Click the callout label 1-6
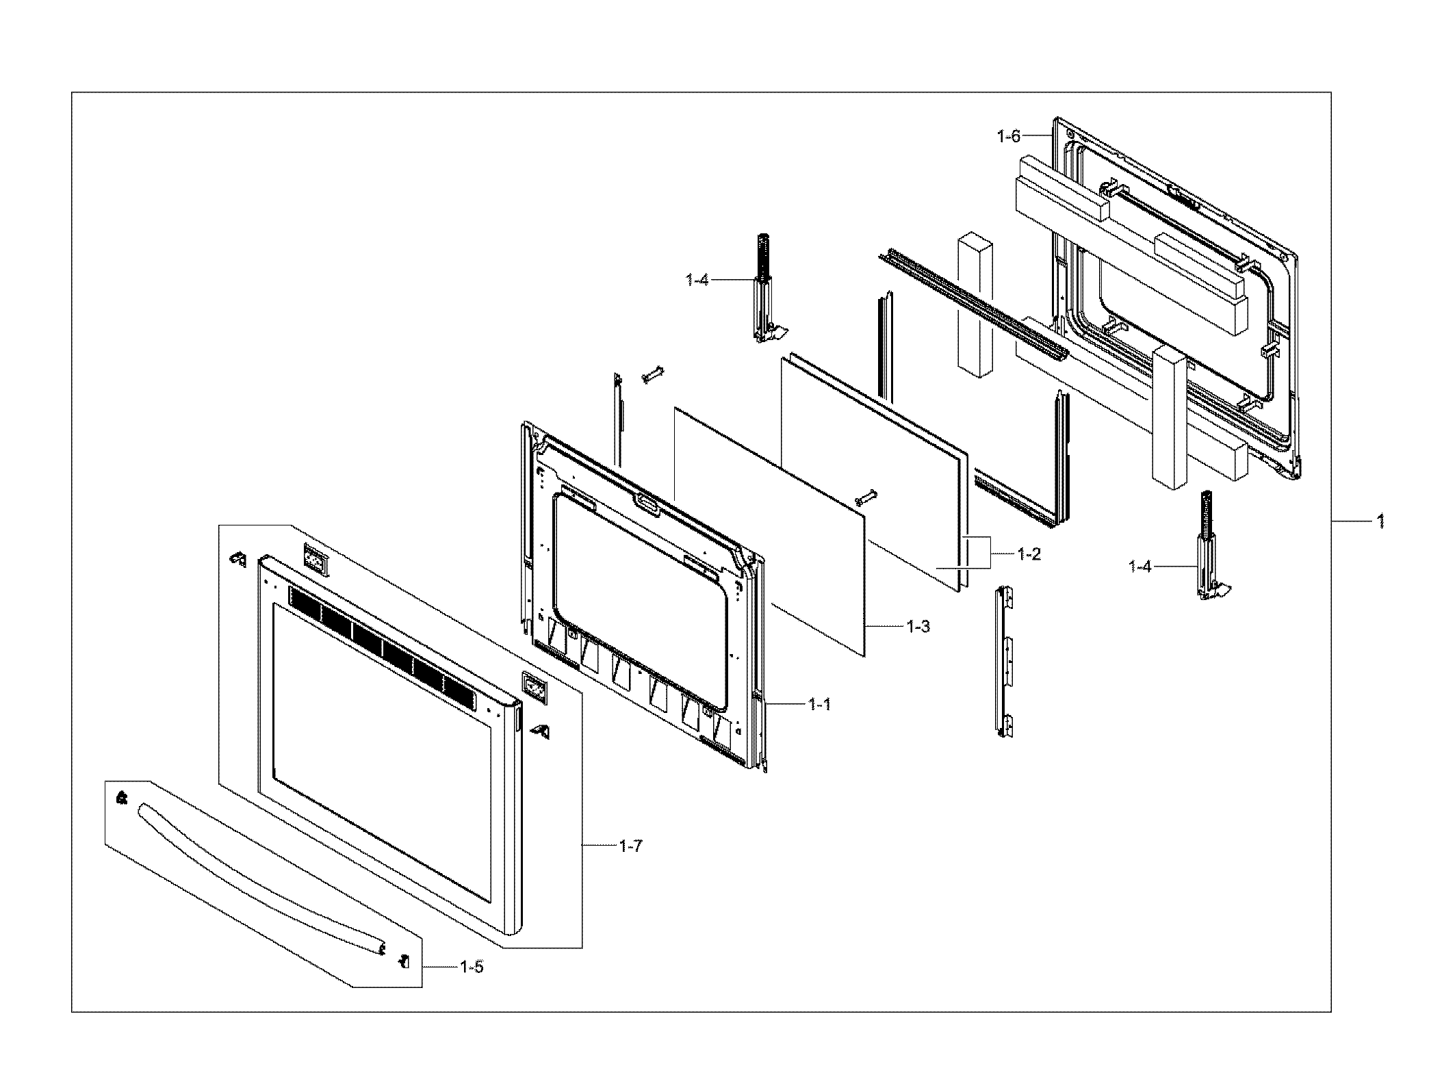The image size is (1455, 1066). click(x=1008, y=137)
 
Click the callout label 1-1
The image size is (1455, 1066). click(x=819, y=704)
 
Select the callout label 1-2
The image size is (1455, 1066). click(x=1029, y=554)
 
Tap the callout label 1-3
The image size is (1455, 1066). click(x=918, y=626)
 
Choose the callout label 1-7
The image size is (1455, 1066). click(x=630, y=846)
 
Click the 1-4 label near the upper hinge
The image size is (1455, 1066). click(x=697, y=280)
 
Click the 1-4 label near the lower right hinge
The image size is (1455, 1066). click(x=1140, y=566)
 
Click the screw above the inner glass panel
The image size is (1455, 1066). click(x=652, y=374)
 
